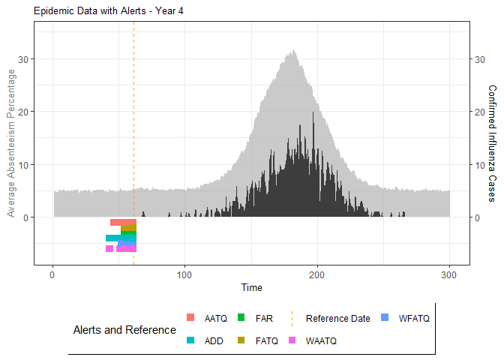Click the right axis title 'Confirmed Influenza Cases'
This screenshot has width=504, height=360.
[x=492, y=142]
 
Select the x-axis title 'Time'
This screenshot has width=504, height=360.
[x=252, y=287]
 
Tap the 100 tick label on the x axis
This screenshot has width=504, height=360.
[x=184, y=274]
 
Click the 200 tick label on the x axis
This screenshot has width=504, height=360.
[x=317, y=274]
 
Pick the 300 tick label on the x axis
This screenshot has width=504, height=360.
[x=450, y=274]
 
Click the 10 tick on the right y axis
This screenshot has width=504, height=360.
[x=478, y=165]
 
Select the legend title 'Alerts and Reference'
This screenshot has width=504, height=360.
[x=124, y=330]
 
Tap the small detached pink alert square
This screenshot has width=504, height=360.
[x=109, y=248]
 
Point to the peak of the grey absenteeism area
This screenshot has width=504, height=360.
[x=293, y=52]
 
